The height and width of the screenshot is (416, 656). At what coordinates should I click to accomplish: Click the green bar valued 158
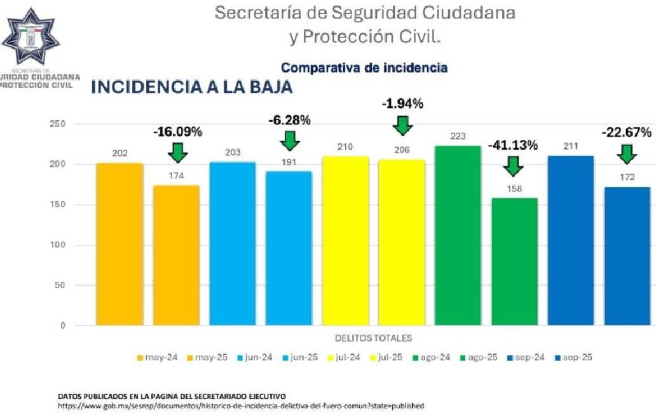[514, 261]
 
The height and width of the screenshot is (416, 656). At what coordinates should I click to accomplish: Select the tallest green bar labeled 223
[458, 235]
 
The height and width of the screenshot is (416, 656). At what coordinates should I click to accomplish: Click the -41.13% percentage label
[513, 145]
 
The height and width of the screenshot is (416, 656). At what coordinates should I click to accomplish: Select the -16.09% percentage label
[177, 132]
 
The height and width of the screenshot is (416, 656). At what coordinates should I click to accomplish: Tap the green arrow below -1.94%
[402, 125]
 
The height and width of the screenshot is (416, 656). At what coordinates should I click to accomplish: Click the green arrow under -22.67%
[627, 153]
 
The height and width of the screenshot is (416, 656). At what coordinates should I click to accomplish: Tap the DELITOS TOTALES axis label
[373, 338]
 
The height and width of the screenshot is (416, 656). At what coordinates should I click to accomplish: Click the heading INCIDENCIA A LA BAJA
[192, 88]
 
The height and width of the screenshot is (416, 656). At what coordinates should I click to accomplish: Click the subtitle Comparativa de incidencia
[364, 67]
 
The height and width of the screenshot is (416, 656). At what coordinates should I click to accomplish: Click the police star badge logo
[31, 37]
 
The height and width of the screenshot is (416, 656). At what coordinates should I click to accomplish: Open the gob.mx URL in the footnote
[240, 405]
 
